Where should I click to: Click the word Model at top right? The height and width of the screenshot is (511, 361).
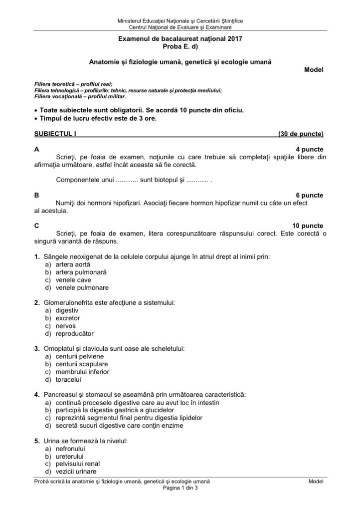tap(314, 70)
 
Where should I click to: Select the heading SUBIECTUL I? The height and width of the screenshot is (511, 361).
tap(55, 134)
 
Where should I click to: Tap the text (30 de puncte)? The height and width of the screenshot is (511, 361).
tap(301, 134)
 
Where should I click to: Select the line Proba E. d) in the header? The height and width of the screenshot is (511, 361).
tap(180, 46)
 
